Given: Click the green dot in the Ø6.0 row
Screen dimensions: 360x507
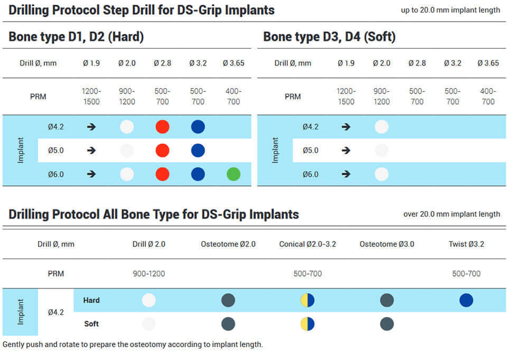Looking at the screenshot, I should coord(233,174).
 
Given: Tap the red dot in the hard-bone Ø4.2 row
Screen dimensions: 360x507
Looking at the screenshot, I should coord(162,127).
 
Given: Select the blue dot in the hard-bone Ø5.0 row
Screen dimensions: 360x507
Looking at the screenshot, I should coord(198,150).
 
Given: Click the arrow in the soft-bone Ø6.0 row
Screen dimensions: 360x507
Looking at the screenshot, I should coord(346,174).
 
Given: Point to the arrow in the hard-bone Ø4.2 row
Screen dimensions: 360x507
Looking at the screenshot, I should coord(91,127).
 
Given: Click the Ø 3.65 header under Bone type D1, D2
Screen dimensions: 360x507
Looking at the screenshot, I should coord(233,63).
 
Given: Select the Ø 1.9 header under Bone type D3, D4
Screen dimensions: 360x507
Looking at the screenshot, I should coord(346,63).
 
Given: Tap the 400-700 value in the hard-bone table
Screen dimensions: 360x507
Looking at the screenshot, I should coord(233,96).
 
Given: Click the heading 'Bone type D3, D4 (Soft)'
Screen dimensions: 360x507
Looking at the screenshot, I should coord(329,36).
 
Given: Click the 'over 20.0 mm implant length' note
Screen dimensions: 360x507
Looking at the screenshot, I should coord(452,214).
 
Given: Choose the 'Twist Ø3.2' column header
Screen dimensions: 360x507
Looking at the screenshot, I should coord(466,244).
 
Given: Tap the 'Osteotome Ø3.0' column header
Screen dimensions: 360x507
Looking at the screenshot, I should coord(387,244).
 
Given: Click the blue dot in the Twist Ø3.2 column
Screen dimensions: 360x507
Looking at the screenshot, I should coord(466,300).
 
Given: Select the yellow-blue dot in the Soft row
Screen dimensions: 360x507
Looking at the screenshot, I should coord(307,324).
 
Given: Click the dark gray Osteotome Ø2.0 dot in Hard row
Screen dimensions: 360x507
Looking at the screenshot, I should coord(228,300).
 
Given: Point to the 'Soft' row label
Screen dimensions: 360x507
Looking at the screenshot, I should coord(91,324).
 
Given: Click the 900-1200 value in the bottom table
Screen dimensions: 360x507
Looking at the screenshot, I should coord(149,274).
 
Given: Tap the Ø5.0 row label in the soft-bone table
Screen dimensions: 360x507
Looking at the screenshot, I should coord(311,150).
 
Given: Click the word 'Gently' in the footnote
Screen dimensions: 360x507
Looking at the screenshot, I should coord(14,345).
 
